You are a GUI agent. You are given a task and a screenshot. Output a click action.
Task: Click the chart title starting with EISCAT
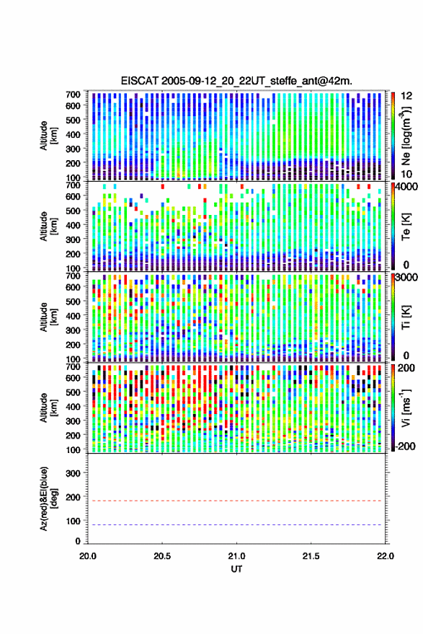(236, 81)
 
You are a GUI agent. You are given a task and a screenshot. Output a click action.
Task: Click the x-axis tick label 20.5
(162, 556)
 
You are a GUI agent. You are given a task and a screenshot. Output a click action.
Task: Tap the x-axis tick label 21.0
(236, 556)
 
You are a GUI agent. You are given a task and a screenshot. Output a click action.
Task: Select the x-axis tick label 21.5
(311, 556)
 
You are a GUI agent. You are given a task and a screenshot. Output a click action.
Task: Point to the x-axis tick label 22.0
(385, 556)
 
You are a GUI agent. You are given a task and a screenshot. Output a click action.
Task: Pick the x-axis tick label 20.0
(88, 556)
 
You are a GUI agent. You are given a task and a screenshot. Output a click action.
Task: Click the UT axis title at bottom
(236, 569)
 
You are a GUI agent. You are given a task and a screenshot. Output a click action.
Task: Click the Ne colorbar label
(406, 135)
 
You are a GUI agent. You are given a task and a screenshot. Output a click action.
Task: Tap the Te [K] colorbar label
(406, 226)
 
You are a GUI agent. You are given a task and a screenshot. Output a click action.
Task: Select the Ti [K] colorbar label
(406, 317)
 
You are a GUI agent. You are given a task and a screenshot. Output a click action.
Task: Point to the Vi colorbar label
(406, 408)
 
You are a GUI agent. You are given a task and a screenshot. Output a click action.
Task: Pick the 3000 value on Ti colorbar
(406, 277)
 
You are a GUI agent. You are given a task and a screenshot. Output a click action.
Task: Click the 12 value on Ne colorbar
(406, 96)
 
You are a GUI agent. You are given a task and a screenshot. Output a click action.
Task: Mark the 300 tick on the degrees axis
(74, 473)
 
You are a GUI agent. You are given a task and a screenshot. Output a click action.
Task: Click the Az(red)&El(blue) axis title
(49, 498)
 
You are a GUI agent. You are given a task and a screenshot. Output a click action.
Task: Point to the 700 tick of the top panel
(73, 94)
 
